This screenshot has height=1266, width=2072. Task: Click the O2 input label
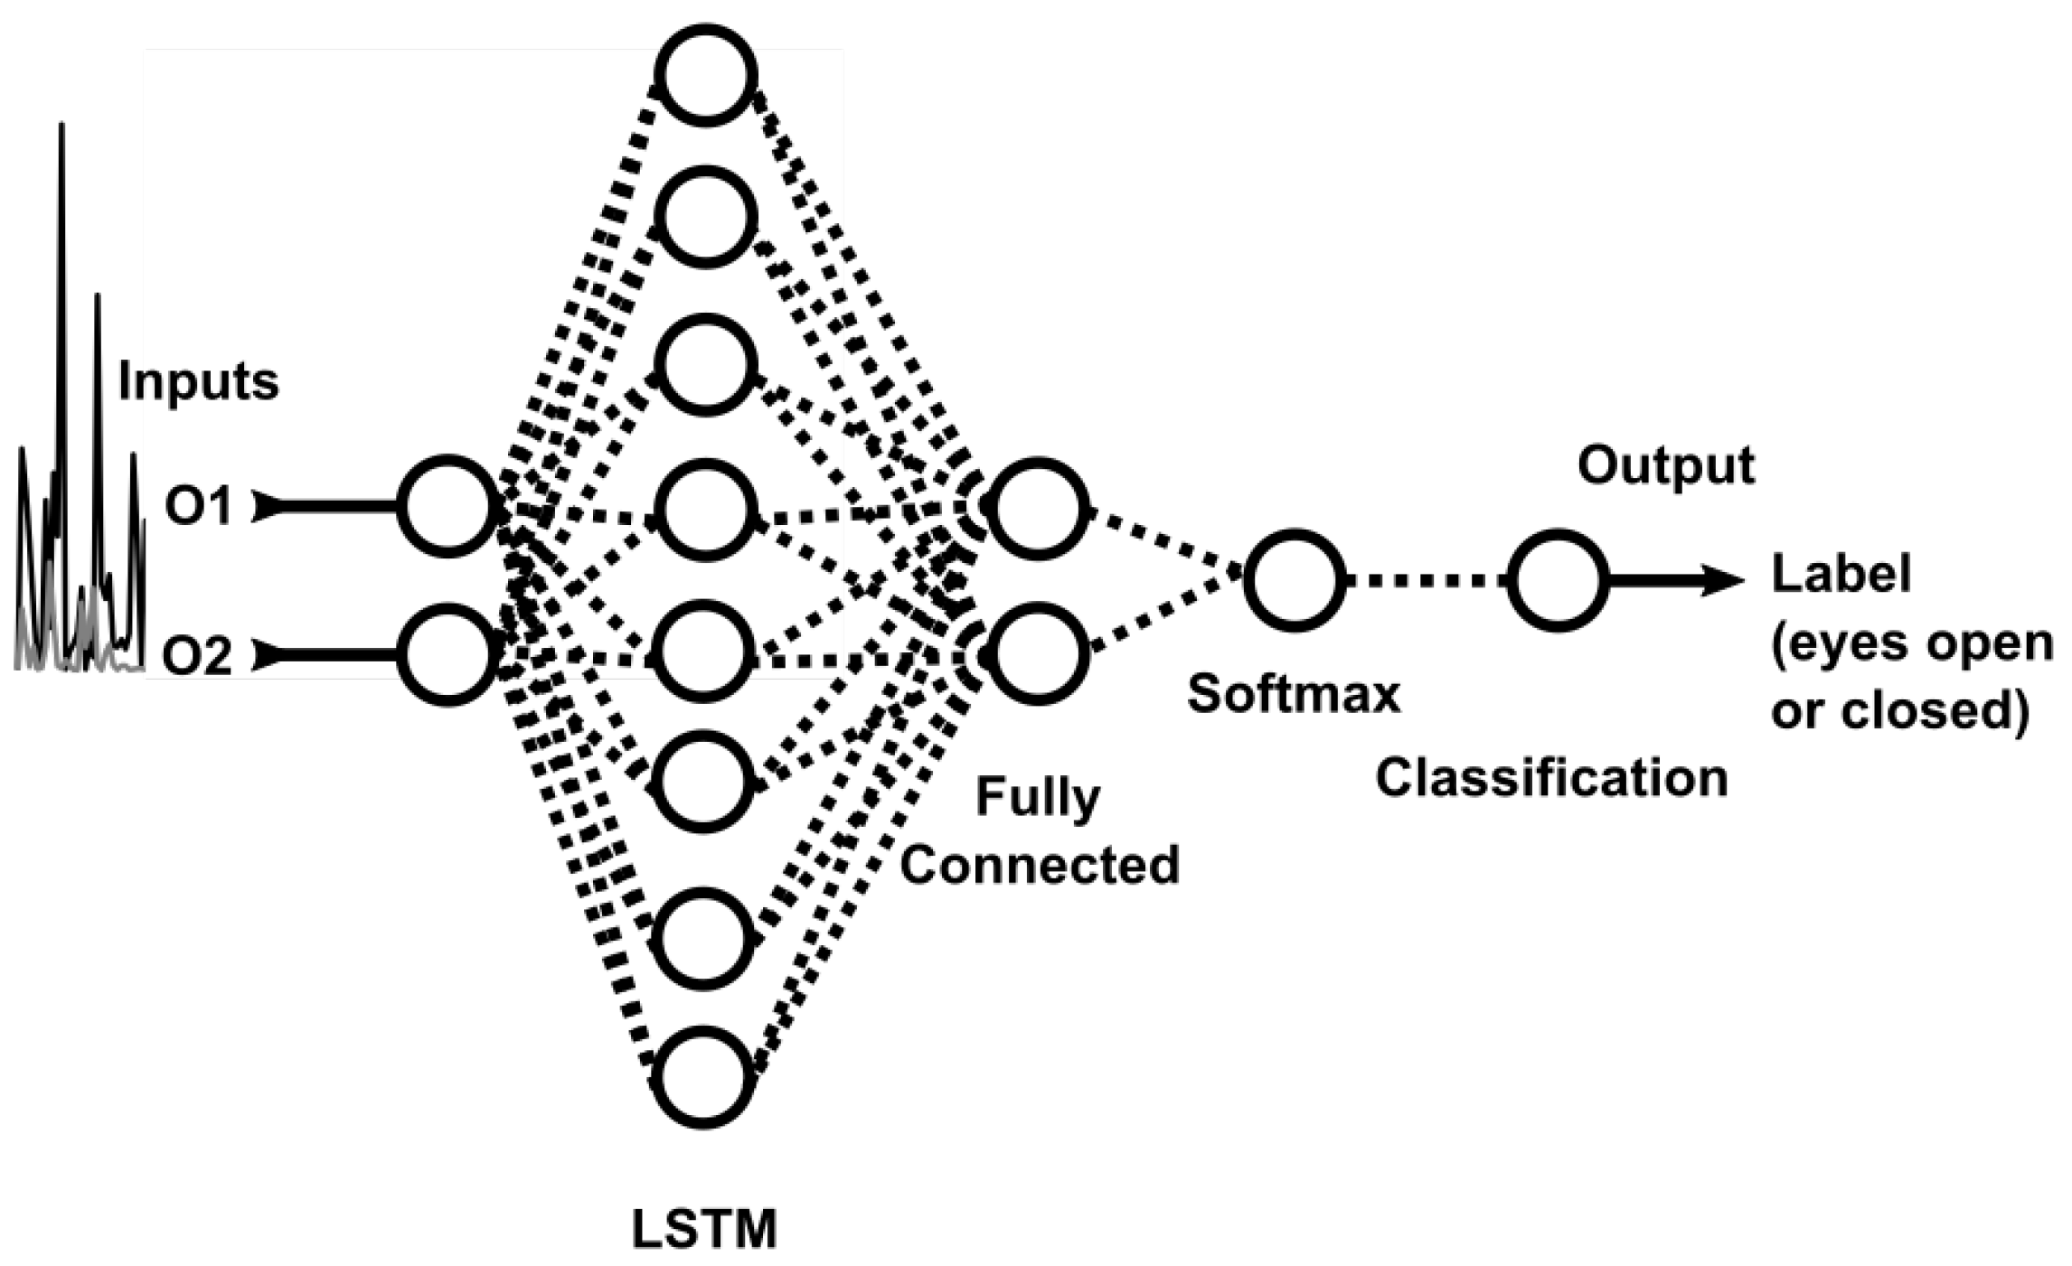coord(197,656)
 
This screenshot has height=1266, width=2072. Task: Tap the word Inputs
coord(199,381)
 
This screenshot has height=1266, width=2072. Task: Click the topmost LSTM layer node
coord(705,75)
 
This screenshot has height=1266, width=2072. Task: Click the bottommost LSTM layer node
coord(703,1076)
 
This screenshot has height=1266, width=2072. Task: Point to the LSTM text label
coord(703,1229)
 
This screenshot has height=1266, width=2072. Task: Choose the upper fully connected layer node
coord(1037,509)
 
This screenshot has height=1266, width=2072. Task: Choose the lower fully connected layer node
coord(1037,653)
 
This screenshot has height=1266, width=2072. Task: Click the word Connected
coord(1040,865)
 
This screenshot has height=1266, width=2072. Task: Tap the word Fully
coord(1038,799)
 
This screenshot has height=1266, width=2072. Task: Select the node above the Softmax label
coord(1294,580)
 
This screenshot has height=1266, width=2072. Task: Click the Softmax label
coord(1294,694)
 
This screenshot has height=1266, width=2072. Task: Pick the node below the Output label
coord(1557,580)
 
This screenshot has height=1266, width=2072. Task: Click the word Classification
coord(1551,778)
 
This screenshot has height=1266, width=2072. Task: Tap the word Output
coord(1665,466)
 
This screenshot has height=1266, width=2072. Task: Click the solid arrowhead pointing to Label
coord(1722,580)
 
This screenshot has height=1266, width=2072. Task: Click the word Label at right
coord(1841,575)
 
